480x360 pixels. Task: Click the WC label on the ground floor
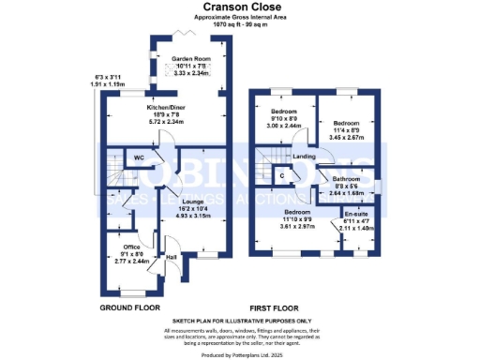139,158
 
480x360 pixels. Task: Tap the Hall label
172,256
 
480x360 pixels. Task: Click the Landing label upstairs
304,156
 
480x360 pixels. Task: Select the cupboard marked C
282,174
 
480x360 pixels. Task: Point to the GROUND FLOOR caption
129,307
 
